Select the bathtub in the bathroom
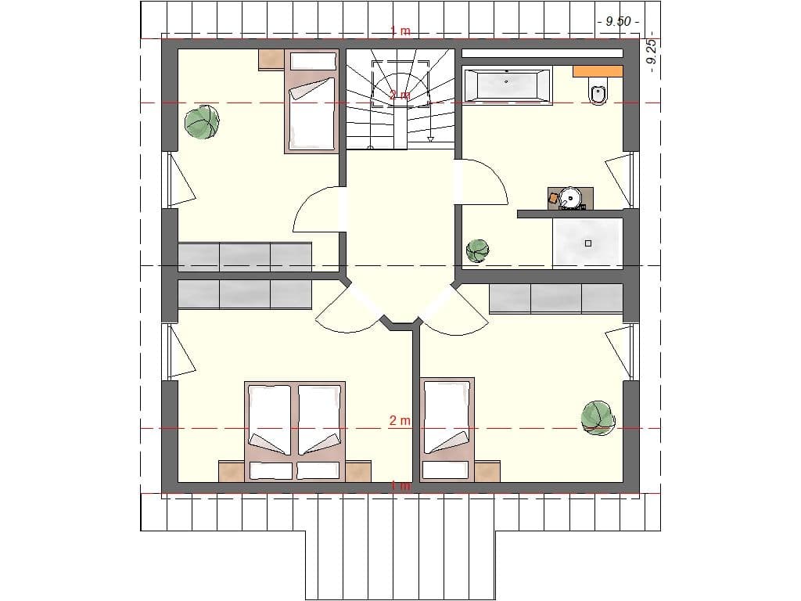point(507,85)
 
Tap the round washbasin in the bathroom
point(571,198)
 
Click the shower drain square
point(588,243)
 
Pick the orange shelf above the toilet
point(598,71)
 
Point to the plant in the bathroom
point(477,251)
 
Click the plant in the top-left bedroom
point(202,122)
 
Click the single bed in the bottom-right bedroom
point(447,430)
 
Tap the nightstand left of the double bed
point(232,471)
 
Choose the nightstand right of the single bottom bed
point(487,471)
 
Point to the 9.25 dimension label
point(651,55)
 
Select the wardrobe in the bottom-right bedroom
point(555,298)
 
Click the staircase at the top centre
point(400,98)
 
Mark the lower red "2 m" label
point(400,421)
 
